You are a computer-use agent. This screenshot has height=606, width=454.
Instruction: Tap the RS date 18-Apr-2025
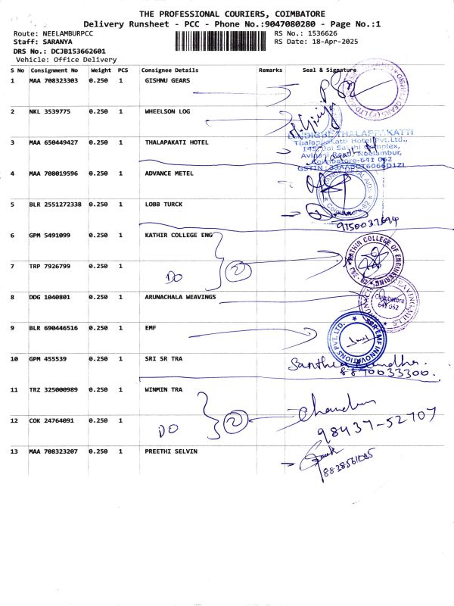(325, 42)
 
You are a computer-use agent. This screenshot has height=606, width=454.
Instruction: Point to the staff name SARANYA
(50, 42)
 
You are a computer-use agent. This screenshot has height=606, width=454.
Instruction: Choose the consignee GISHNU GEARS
(166, 80)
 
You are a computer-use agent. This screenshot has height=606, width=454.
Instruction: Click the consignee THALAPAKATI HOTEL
(176, 142)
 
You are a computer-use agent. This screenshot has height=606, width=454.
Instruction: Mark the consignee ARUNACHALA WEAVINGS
(180, 297)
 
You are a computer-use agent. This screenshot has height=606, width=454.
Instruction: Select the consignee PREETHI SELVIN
(170, 451)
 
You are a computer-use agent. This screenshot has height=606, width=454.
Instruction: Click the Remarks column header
(270, 70)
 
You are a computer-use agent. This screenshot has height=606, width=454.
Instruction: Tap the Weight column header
(101, 70)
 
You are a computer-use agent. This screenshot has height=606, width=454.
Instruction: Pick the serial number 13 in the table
(14, 451)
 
